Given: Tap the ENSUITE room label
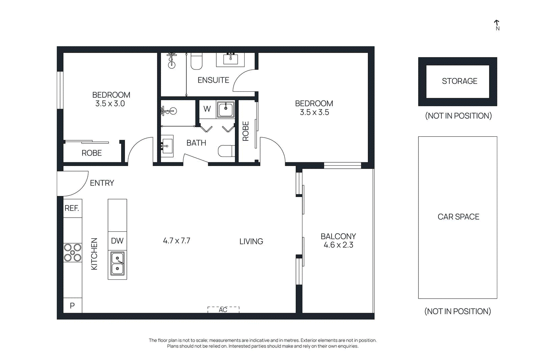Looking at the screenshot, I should (x=213, y=80).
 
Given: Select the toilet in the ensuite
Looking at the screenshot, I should (x=196, y=61).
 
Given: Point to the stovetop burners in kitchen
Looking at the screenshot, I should (x=73, y=253).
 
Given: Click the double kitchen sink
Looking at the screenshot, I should (x=117, y=264).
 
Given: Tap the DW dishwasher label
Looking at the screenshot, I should (x=117, y=241).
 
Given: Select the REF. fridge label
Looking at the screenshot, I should (x=72, y=208).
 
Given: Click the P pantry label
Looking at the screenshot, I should (x=72, y=306).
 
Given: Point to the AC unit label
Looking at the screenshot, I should (x=223, y=310).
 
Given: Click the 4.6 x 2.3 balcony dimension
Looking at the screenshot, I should (x=338, y=245).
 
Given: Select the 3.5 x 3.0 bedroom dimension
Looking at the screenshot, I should (x=110, y=104).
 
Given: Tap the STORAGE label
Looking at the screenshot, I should (x=459, y=81).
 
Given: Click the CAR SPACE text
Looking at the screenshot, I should (x=458, y=217).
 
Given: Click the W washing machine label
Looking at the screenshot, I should (x=207, y=109).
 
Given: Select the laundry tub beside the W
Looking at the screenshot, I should (x=225, y=109).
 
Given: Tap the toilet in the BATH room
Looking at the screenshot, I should (x=226, y=151).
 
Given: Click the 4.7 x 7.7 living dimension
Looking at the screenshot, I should (x=177, y=241).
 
